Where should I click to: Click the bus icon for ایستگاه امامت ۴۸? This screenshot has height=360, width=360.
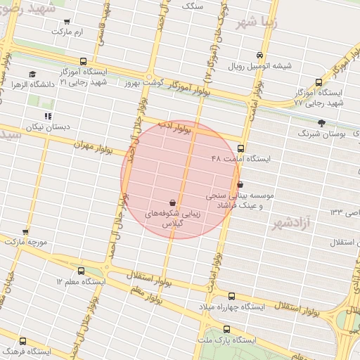tap(241, 148)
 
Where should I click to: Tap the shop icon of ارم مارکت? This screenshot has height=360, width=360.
tap(67, 22)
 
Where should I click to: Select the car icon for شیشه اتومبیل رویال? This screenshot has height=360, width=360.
tap(260, 56)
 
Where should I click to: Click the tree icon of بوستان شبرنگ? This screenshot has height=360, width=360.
tap(321, 122)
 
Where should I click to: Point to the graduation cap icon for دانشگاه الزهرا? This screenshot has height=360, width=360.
tap(32, 74)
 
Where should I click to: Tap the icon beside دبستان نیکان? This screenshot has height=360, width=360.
tap(48, 116)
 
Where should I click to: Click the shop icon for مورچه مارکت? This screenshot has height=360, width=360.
tap(25, 231)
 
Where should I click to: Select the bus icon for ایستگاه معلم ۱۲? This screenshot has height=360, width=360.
tap(81, 271)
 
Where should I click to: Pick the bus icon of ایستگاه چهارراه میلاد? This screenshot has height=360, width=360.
tap(232, 296)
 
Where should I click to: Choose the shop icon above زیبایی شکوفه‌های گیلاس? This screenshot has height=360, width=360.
tap(173, 202)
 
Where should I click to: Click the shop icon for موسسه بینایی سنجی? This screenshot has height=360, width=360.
tap(240, 184)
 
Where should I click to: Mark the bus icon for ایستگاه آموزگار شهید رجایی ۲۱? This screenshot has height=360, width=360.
tap(84, 61)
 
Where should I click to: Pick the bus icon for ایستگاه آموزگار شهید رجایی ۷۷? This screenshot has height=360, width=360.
tap(319, 82)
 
